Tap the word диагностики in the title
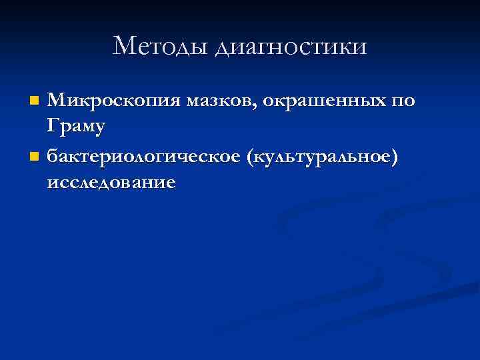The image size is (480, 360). (x=291, y=47)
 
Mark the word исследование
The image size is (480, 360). (x=111, y=183)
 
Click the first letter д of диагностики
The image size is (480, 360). (x=223, y=48)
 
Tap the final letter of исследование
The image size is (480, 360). (x=171, y=183)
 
